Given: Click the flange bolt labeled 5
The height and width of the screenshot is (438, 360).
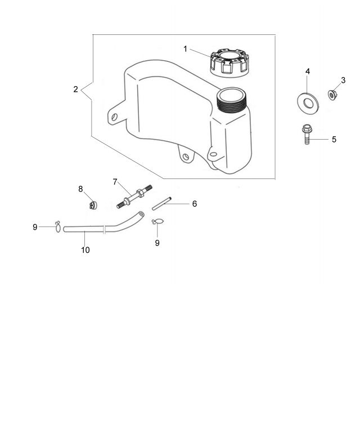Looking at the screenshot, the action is tap(307, 135).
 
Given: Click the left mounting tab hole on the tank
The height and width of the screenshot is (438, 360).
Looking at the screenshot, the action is tap(115, 117).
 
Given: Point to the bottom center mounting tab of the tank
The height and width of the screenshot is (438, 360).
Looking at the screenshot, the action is tap(186, 154).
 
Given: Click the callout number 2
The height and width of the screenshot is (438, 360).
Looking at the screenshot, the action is tap(75, 90).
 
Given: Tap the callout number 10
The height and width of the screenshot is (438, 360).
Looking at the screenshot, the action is tap(85, 249).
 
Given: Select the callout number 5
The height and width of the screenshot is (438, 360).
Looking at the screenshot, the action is tap(334, 138).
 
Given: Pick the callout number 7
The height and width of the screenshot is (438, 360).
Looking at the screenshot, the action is tap(115, 181).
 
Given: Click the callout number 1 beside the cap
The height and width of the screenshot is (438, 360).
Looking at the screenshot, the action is tap(185, 48).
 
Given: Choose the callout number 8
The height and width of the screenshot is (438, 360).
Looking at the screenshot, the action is tap(80, 189).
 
